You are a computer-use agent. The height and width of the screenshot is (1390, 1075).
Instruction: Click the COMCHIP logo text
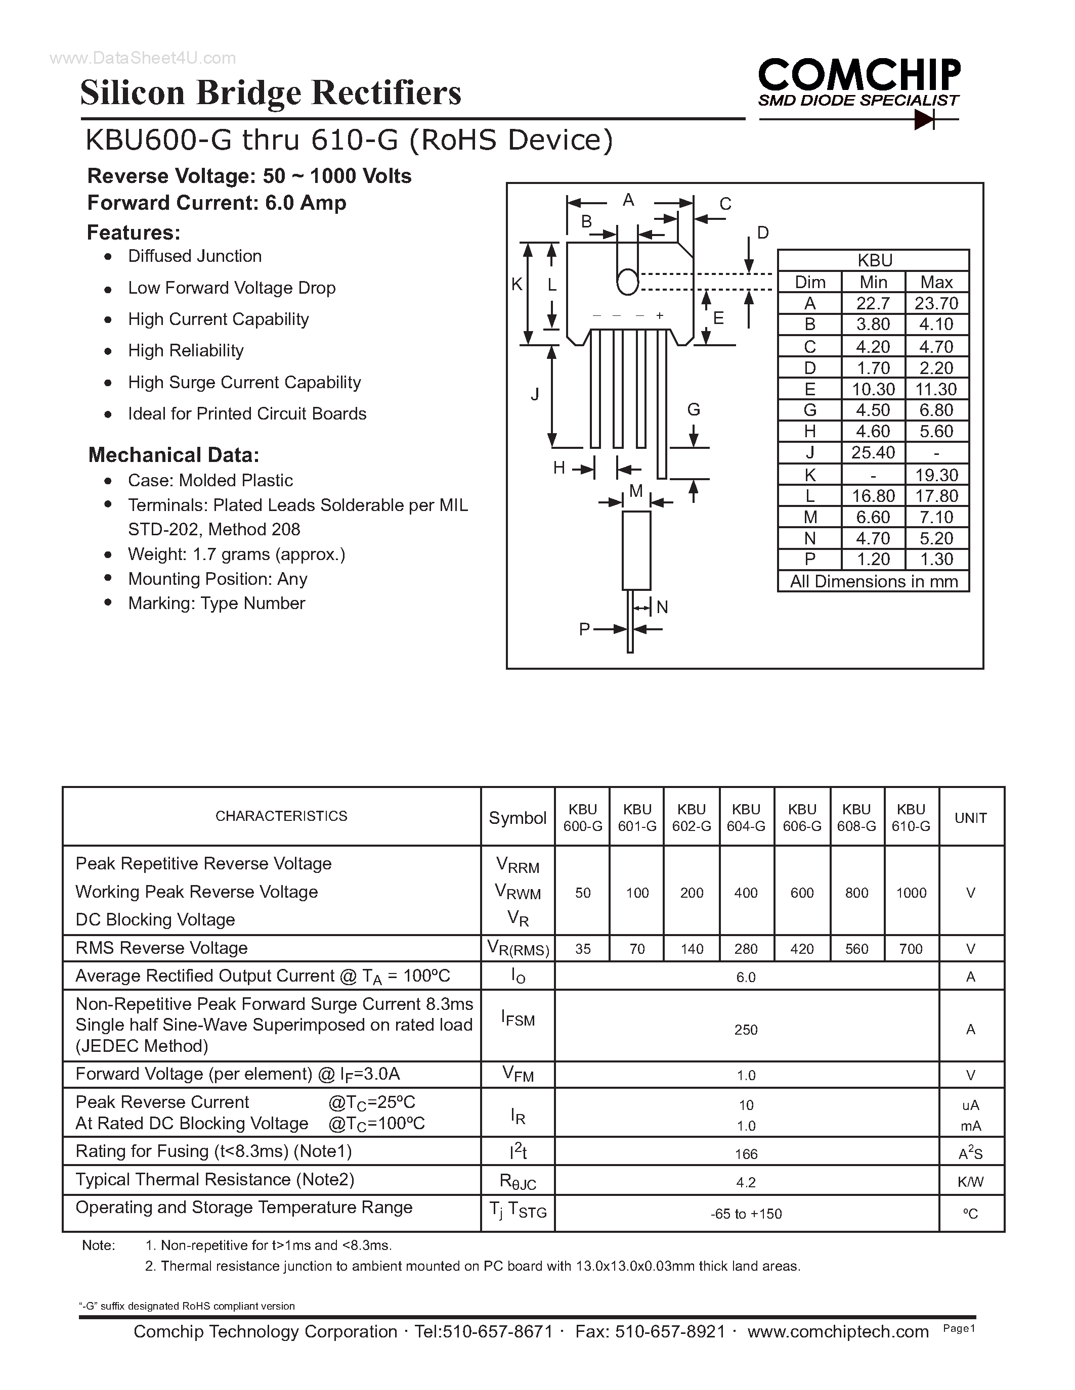859,75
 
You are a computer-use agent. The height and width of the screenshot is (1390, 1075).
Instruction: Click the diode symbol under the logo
923,119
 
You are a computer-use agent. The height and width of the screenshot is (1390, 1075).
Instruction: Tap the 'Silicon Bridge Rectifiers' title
271,93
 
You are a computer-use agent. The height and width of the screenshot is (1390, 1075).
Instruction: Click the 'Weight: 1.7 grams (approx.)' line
236,554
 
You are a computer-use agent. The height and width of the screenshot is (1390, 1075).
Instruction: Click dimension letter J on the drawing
535,395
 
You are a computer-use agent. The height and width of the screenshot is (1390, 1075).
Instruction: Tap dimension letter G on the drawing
694,410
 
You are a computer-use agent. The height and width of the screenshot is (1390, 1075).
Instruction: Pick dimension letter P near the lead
584,629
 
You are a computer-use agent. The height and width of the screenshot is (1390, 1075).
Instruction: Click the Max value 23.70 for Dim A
936,304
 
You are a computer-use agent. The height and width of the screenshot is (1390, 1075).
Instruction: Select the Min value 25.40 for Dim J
873,452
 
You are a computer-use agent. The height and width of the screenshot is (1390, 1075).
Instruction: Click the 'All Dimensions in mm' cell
873,582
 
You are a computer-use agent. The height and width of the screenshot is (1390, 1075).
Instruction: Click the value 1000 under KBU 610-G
911,893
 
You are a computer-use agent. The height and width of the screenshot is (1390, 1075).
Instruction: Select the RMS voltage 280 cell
746,949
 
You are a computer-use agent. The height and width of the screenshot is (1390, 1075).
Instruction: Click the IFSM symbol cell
518,1019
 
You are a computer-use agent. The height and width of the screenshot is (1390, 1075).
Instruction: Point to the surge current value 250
746,1030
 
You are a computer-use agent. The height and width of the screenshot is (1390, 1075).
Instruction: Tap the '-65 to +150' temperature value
746,1214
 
